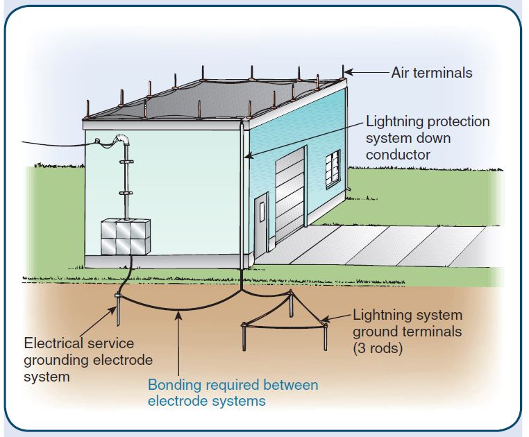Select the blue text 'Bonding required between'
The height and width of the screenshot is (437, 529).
tap(233, 385)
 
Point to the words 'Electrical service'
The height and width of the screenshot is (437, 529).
tap(79, 343)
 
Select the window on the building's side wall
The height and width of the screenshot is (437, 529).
tap(333, 166)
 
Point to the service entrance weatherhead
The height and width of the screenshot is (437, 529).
tap(123, 141)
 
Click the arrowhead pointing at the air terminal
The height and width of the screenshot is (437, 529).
tap(349, 71)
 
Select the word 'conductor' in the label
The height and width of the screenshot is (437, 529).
tap(398, 154)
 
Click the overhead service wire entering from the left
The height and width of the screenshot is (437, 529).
tap(56, 145)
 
